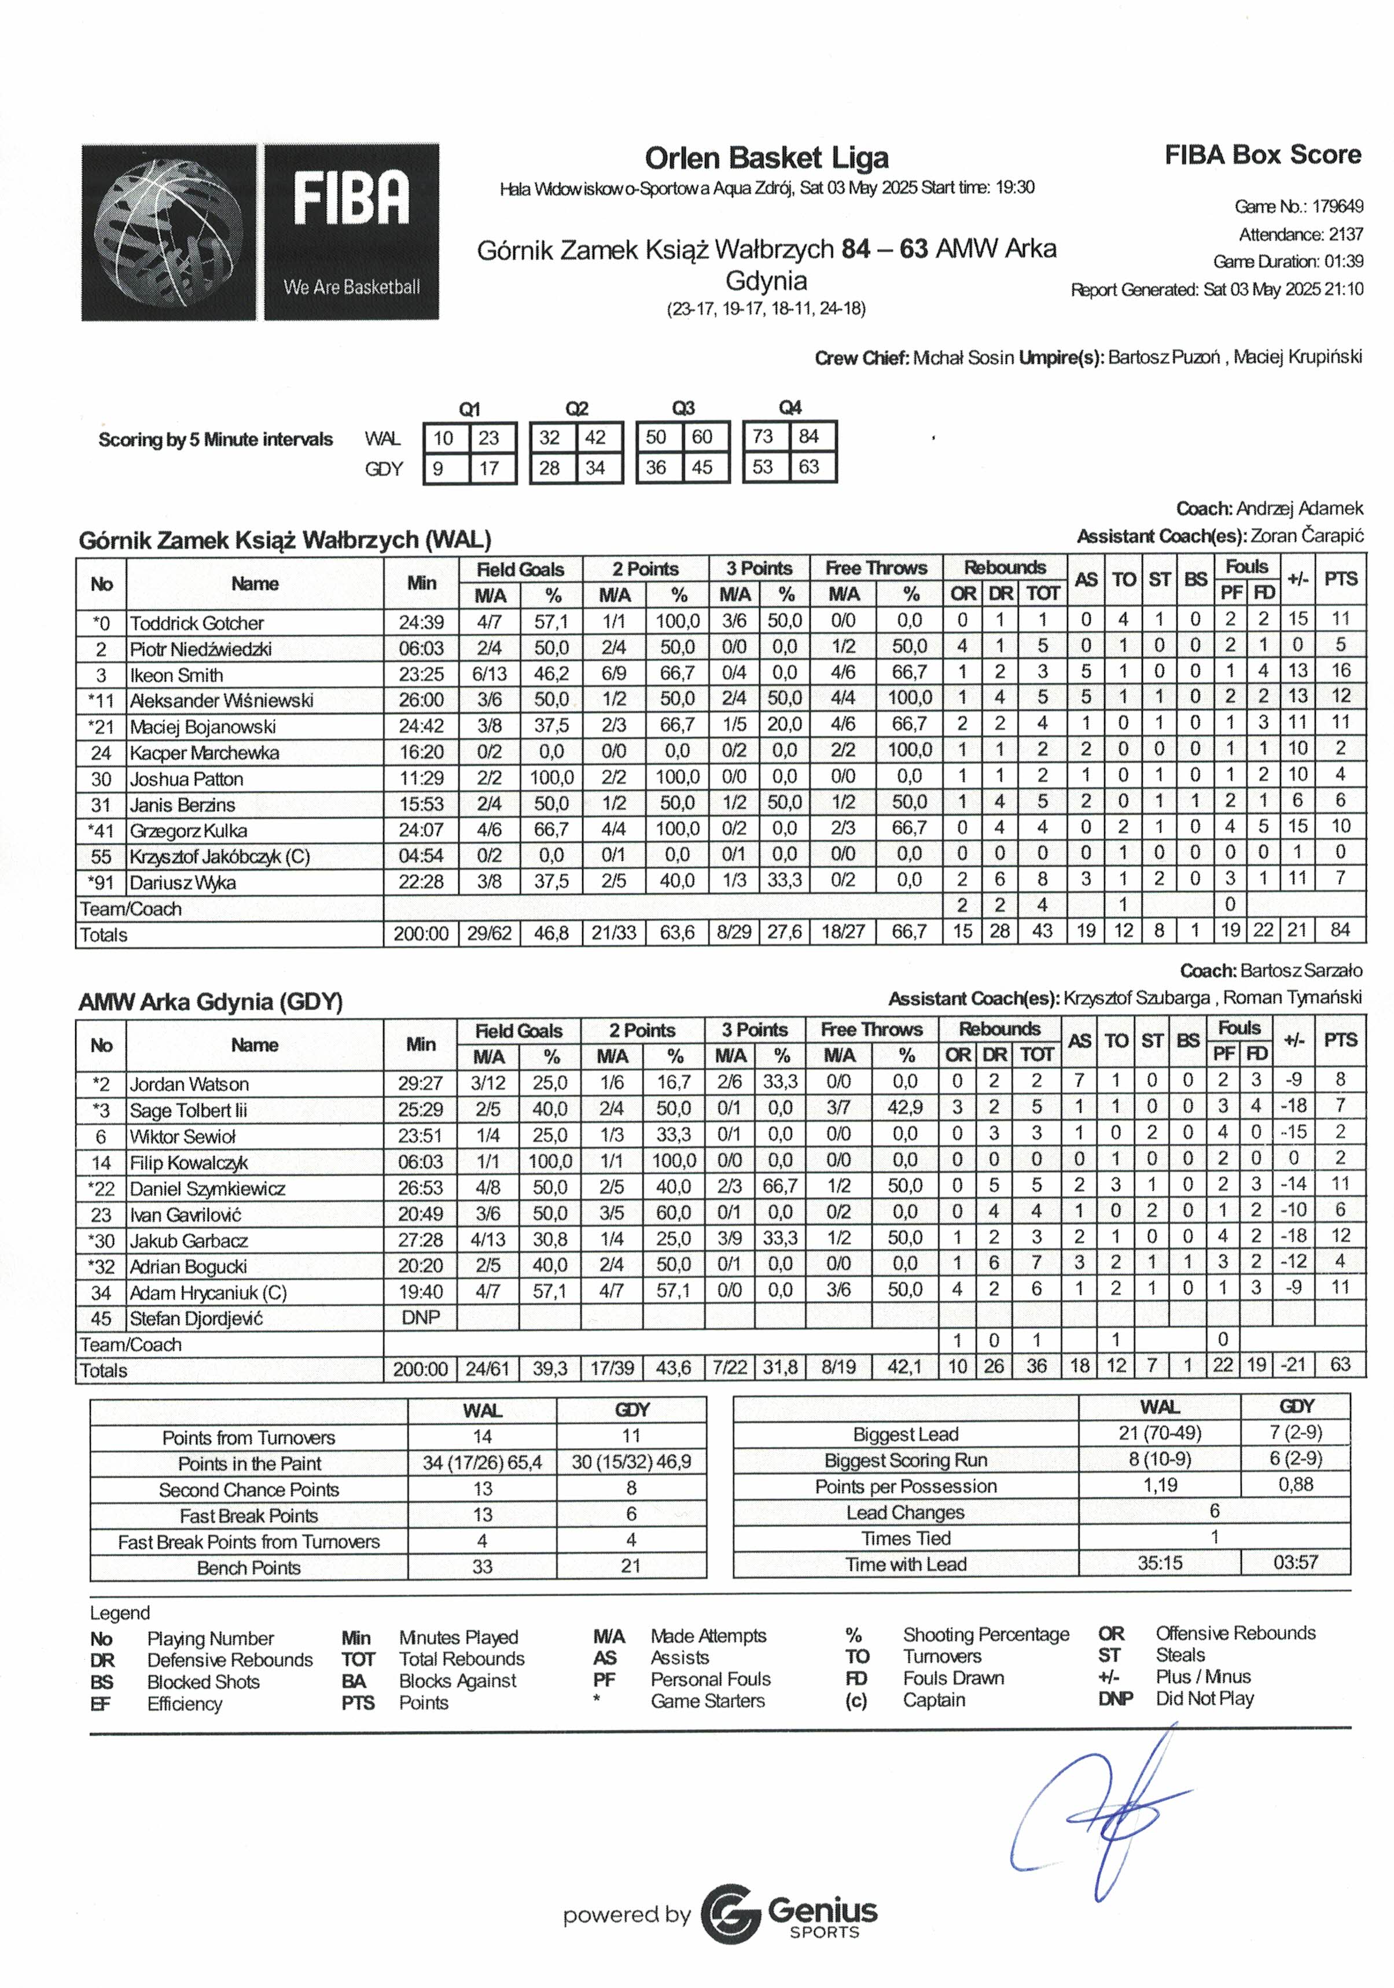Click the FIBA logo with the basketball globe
pyautogui.click(x=260, y=232)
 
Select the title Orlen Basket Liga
pyautogui.click(x=766, y=159)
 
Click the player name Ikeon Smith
pyautogui.click(x=176, y=675)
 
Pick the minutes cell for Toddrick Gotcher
pyautogui.click(x=421, y=623)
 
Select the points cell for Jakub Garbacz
pyautogui.click(x=1340, y=1239)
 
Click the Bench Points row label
pyautogui.click(x=248, y=1567)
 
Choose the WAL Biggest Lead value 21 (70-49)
pyautogui.click(x=1160, y=1433)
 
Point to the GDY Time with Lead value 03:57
pyautogui.click(x=1295, y=1563)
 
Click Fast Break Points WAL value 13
pyautogui.click(x=482, y=1515)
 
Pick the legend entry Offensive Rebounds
pyautogui.click(x=1235, y=1633)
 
